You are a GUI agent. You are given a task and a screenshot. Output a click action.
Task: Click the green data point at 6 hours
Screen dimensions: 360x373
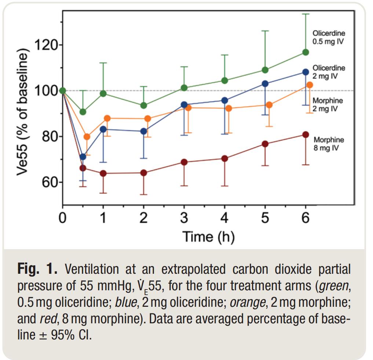click(x=305, y=52)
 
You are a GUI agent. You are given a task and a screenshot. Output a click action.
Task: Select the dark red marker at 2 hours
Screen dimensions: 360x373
click(x=144, y=172)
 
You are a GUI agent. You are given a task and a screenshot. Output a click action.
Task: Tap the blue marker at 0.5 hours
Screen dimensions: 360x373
click(x=83, y=157)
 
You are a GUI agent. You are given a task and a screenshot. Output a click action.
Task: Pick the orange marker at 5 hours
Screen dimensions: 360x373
click(x=269, y=105)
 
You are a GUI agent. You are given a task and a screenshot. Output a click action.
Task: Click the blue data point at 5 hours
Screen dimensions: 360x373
click(x=265, y=84)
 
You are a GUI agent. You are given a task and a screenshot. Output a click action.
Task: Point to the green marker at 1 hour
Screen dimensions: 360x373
click(x=103, y=94)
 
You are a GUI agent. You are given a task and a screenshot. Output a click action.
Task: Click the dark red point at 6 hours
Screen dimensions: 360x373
click(x=305, y=135)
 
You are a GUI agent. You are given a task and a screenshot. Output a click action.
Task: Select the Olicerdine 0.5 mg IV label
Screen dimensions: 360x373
click(x=328, y=37)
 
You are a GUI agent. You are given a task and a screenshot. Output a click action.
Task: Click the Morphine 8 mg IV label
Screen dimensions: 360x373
click(x=329, y=143)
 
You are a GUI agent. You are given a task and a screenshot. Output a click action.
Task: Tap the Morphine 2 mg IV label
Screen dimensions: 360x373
click(x=328, y=105)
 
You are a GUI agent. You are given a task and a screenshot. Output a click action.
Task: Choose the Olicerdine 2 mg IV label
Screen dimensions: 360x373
click(x=329, y=72)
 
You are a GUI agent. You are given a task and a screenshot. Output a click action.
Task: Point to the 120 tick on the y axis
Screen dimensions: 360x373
click(x=46, y=45)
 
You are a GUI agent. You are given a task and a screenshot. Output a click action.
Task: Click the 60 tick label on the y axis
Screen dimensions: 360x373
click(x=46, y=182)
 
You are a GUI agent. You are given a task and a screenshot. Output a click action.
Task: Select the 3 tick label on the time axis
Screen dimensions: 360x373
click(x=184, y=218)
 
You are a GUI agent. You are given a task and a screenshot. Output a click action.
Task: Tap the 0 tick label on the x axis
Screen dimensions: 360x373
click(x=63, y=218)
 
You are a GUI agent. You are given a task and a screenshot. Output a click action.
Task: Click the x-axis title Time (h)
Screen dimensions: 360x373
click(x=208, y=237)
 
